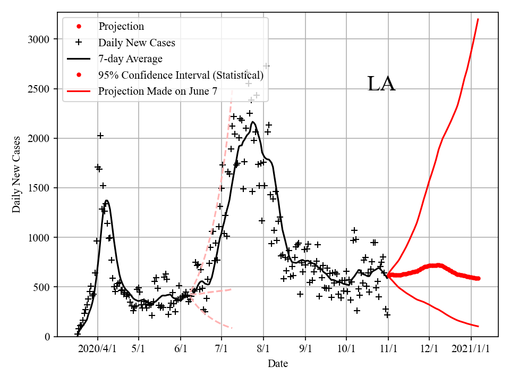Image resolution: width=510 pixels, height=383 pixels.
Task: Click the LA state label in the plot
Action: coord(381,85)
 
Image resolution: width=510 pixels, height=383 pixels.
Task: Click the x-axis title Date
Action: coord(278,364)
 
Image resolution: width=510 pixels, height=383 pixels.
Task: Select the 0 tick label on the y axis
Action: coord(47,337)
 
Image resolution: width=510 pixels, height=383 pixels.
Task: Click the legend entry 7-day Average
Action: coord(130,59)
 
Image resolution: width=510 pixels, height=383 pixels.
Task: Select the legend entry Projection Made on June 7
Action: coord(158,91)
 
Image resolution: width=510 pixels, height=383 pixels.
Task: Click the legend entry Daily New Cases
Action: coord(137,42)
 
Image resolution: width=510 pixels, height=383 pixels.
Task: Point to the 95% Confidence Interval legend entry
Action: coord(181,75)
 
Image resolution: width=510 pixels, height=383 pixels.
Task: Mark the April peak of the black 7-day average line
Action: coord(107,201)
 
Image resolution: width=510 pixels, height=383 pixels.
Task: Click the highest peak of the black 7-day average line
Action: coord(253,122)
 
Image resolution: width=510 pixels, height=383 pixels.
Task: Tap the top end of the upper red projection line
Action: coord(478,19)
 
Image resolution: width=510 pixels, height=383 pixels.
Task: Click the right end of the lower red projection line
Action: coord(479,326)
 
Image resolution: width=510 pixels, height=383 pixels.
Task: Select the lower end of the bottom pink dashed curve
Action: coord(232,328)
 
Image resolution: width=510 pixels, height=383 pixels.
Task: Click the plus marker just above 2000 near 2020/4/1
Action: coord(100,136)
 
